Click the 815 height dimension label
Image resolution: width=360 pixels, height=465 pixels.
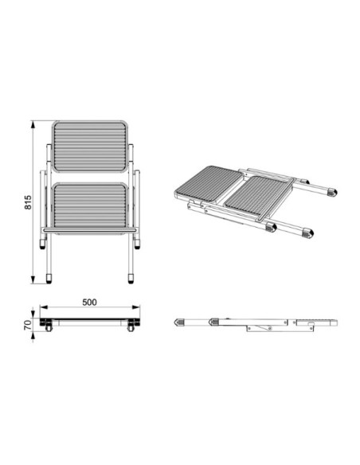coord(28,202)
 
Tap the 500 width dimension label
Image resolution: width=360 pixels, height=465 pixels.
coord(89,303)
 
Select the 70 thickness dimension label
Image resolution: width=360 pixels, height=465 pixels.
coord(28,325)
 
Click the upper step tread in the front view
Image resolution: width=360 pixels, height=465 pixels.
coord(90,147)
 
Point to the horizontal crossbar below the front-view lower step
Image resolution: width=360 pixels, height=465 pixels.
coord(89,230)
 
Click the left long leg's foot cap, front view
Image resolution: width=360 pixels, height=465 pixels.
coord(49,279)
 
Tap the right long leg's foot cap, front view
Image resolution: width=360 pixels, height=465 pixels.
coord(131,279)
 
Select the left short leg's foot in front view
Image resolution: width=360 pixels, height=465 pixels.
coord(43,244)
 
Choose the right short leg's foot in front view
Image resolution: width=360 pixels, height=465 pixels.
coord(137,244)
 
